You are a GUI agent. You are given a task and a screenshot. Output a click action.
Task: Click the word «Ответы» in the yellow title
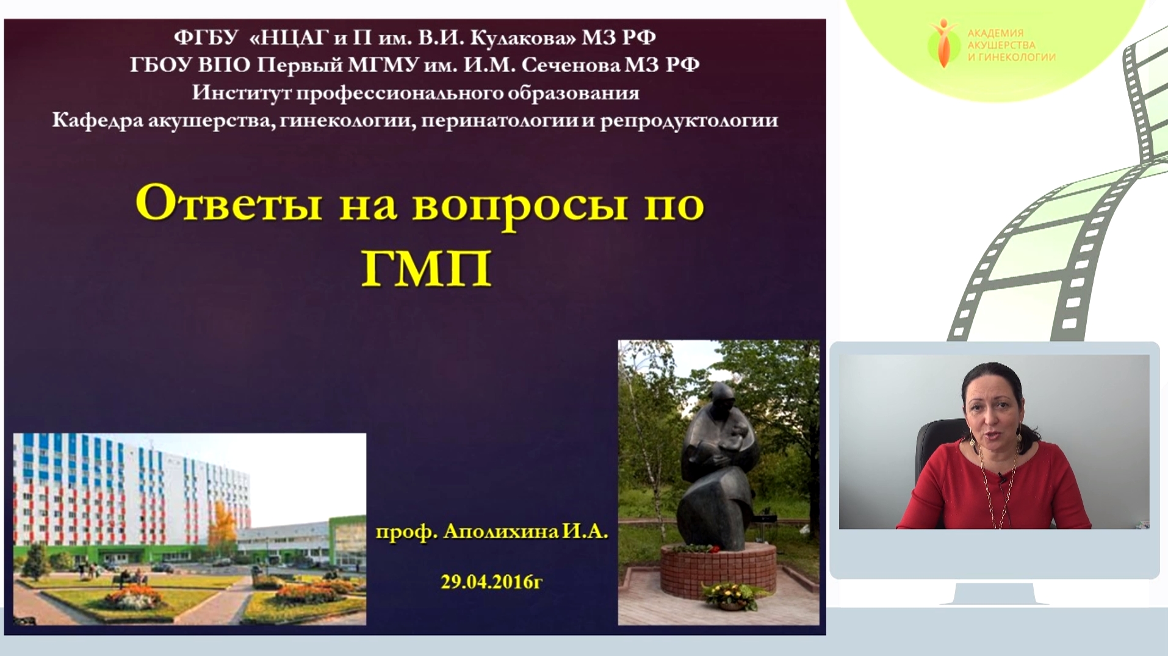(x=228, y=203)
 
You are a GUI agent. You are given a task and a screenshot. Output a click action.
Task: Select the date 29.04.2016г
(x=491, y=582)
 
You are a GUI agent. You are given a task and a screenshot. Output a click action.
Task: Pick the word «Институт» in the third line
(x=242, y=93)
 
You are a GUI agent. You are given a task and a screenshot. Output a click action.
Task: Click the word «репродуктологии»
(x=689, y=121)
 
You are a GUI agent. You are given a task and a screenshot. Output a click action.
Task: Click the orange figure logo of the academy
(x=943, y=43)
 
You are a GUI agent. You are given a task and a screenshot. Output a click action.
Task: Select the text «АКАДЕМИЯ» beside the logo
(x=995, y=34)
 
